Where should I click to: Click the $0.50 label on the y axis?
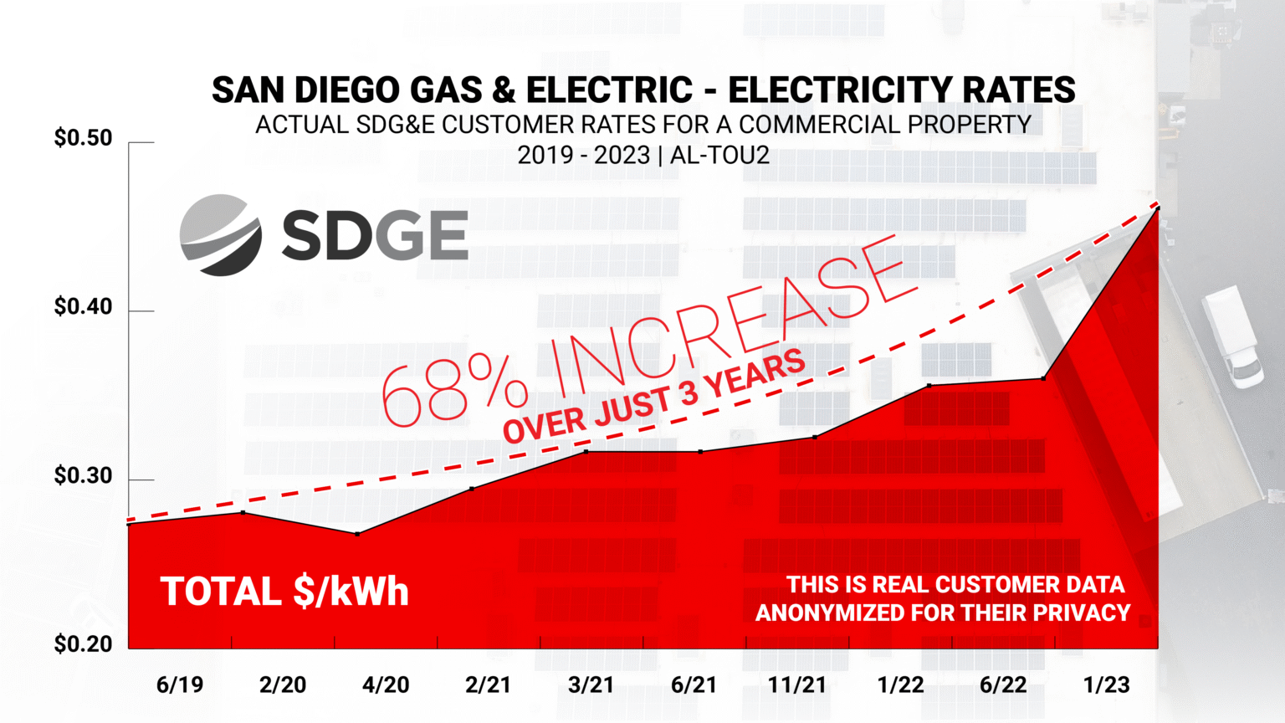[x=83, y=138]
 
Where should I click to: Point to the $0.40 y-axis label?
[x=83, y=307]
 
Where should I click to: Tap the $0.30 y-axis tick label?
[x=83, y=476]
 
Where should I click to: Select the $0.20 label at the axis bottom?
[x=83, y=644]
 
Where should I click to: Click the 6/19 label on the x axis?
[x=180, y=685]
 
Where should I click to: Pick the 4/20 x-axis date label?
[x=386, y=685]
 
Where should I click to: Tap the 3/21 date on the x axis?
[x=591, y=685]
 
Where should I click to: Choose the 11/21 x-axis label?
[x=797, y=685]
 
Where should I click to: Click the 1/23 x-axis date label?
[x=1106, y=685]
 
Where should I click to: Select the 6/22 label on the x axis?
[x=1003, y=685]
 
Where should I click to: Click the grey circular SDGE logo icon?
[x=221, y=235]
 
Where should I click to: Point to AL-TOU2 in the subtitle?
[x=719, y=156]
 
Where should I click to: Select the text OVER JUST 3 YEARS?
[x=654, y=397]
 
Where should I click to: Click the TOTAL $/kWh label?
[x=284, y=592]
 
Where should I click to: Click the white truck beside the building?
[x=1233, y=336]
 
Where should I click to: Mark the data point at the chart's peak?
[x=1158, y=207]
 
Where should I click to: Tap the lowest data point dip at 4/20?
[x=358, y=534]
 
